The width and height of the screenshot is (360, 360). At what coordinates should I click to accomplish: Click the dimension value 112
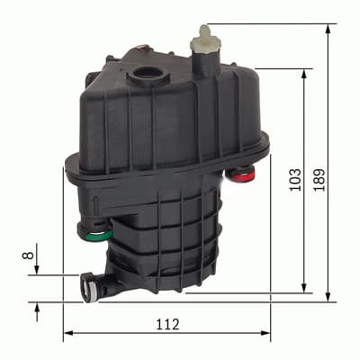[x=167, y=323]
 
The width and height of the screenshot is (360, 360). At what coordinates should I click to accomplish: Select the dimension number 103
[x=294, y=180]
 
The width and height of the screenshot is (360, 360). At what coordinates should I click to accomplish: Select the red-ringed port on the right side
[x=240, y=174]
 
